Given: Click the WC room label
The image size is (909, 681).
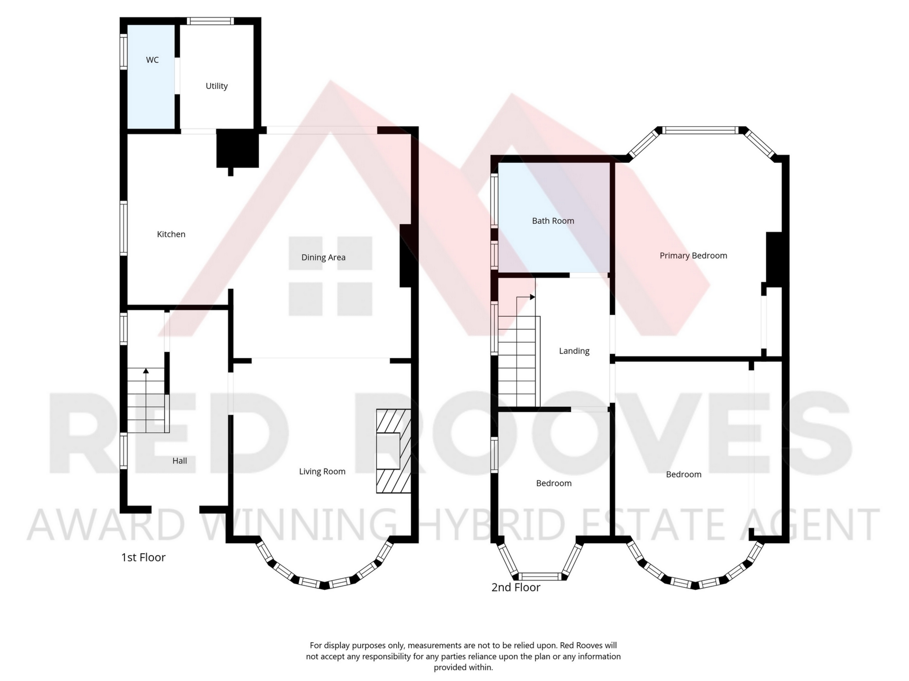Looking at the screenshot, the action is coord(152,60).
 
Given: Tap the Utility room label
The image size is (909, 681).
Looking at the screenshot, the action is coord(216,86).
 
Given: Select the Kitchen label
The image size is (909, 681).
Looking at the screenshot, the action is coord(171,234).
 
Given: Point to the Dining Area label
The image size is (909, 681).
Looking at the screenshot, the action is coord(323,258).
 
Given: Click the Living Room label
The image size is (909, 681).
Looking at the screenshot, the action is coord(322,471).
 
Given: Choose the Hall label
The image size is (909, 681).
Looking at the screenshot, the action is coord(179,461).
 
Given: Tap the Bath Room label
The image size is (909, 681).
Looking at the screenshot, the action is coord(553,221).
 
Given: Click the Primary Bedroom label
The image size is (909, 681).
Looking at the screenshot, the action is coord(693,256).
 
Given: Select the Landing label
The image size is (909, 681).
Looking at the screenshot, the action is coord(574,351).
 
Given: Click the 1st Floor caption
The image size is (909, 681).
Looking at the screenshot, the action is coord(143,558).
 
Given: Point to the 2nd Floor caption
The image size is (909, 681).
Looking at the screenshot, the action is coord(516,587).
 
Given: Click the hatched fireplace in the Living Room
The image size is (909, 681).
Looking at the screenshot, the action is coord(393,451).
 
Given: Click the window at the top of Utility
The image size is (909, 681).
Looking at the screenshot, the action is coord(210,21).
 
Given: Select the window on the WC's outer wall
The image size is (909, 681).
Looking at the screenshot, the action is coord(123,52).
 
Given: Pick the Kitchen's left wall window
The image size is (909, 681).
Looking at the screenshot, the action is coord(123,228).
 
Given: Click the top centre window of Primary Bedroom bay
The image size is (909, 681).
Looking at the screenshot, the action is coord(700,130).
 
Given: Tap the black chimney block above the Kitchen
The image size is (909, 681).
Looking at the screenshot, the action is coord(238,148).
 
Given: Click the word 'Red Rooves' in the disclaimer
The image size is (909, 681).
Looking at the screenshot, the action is coord(582,646).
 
